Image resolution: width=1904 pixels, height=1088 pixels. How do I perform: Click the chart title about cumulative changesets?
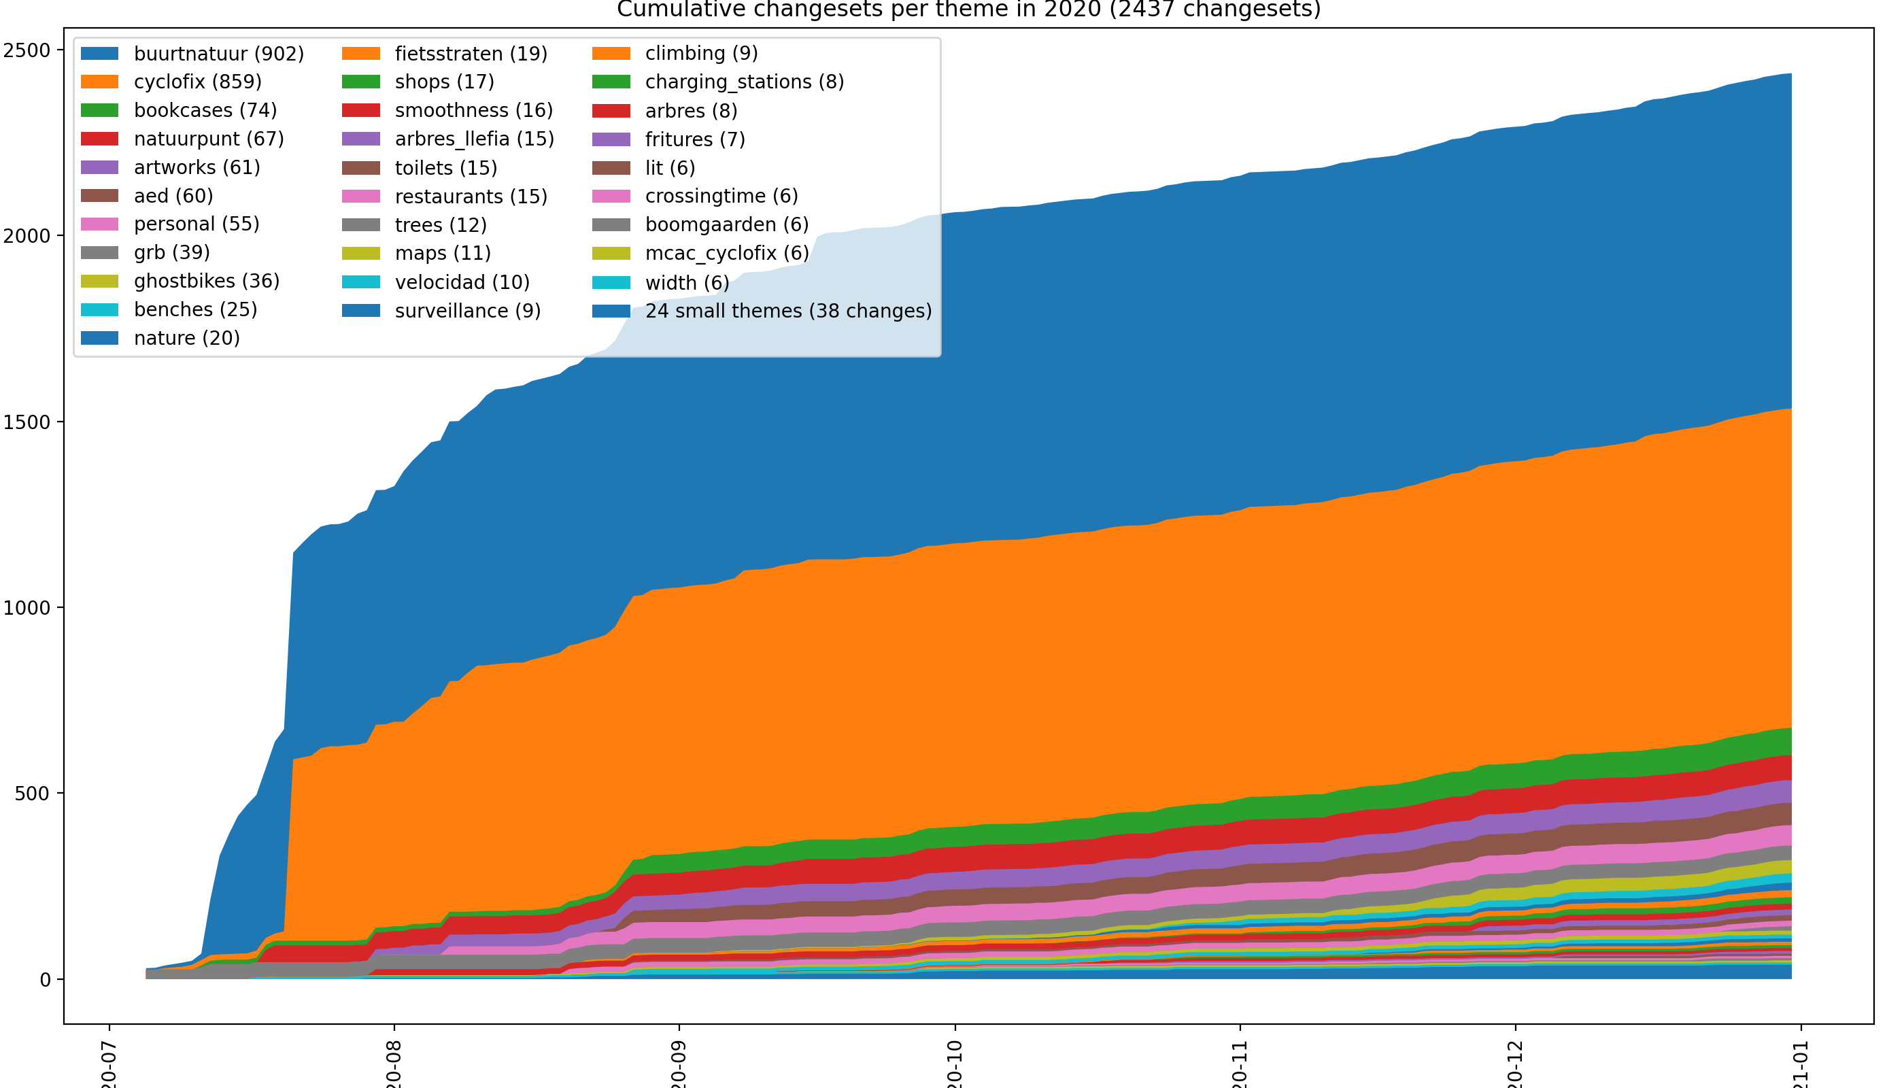point(968,10)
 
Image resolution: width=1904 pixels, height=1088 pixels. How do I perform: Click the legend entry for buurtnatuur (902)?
point(218,54)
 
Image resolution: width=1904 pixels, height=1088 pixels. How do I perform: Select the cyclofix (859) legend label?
point(197,82)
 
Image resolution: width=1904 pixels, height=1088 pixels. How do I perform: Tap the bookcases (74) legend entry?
point(205,110)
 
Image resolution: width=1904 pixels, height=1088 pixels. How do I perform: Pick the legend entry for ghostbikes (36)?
point(206,281)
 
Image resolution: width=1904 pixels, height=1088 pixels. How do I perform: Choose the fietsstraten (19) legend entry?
point(471,54)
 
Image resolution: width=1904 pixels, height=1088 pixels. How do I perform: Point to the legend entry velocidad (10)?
point(462,282)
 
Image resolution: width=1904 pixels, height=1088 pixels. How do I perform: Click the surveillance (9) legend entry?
point(467,311)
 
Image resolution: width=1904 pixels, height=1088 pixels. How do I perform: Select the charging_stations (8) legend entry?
point(745,82)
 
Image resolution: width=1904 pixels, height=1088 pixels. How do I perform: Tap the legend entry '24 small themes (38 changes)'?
point(788,311)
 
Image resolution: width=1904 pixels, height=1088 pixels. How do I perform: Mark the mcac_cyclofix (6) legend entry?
point(726,254)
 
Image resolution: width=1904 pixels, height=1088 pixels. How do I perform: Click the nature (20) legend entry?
point(187,339)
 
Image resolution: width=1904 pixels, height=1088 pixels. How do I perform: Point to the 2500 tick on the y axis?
point(27,50)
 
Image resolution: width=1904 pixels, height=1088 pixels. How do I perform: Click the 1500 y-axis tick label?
point(27,422)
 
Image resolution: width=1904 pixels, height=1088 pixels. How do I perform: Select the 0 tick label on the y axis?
point(45,980)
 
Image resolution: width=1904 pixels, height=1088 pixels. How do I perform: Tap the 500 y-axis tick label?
point(32,794)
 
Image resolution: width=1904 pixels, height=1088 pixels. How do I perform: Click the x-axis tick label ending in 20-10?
point(954,1065)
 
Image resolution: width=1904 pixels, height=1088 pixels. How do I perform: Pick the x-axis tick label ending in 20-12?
point(1514,1065)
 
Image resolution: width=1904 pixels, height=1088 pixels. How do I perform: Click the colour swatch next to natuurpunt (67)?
point(99,139)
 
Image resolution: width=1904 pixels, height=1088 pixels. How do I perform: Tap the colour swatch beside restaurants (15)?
point(361,197)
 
